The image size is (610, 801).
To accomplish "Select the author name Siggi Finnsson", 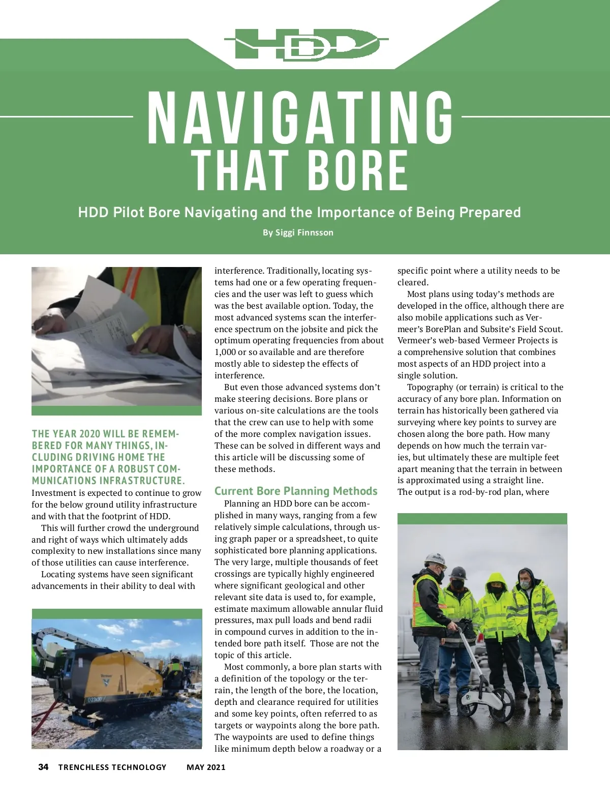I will tap(304, 232).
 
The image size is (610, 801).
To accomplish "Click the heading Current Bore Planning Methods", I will tap(296, 491).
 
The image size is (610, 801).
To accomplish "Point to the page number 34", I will tap(43, 767).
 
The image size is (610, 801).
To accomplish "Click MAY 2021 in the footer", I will tap(206, 767).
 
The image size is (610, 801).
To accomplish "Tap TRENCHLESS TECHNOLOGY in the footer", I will tap(112, 767).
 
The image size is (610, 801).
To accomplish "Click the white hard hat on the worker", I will tap(435, 559).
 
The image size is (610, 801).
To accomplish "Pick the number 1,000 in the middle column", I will tap(226, 352).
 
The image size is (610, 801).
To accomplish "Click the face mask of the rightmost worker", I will tap(525, 585).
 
